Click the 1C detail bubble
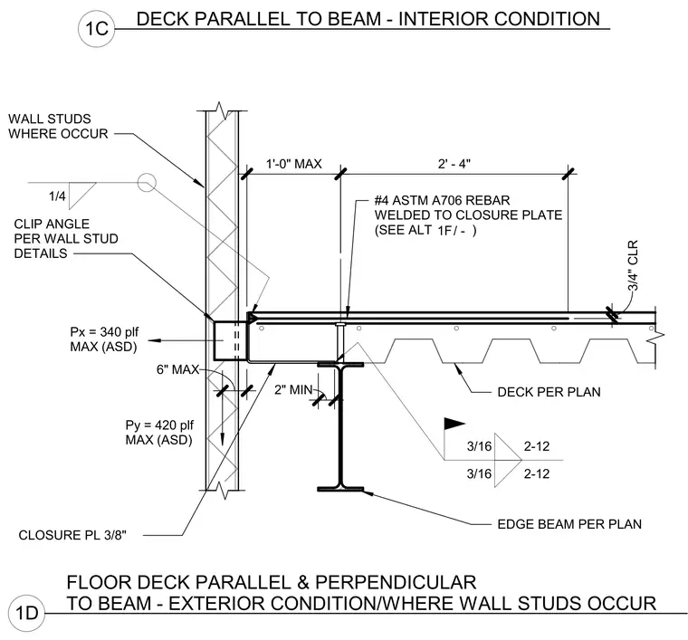tap(97, 28)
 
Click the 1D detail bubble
tap(27, 612)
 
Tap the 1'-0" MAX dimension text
tap(294, 164)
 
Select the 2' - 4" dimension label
tap(454, 164)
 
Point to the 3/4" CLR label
tap(633, 266)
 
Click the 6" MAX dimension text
tap(177, 369)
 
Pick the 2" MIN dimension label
tap(293, 389)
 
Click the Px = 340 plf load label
tap(104, 339)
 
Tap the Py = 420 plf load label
tap(159, 432)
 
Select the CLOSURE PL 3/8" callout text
tap(72, 535)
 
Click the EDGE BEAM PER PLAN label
tap(569, 524)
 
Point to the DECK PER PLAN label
tap(549, 392)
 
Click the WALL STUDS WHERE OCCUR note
tap(58, 127)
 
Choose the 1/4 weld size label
tap(57, 196)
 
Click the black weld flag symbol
tap(454, 424)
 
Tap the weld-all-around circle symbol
tap(147, 182)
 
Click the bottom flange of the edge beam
tap(340, 489)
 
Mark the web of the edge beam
tap(340, 426)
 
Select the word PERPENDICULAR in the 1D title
tap(396, 583)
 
